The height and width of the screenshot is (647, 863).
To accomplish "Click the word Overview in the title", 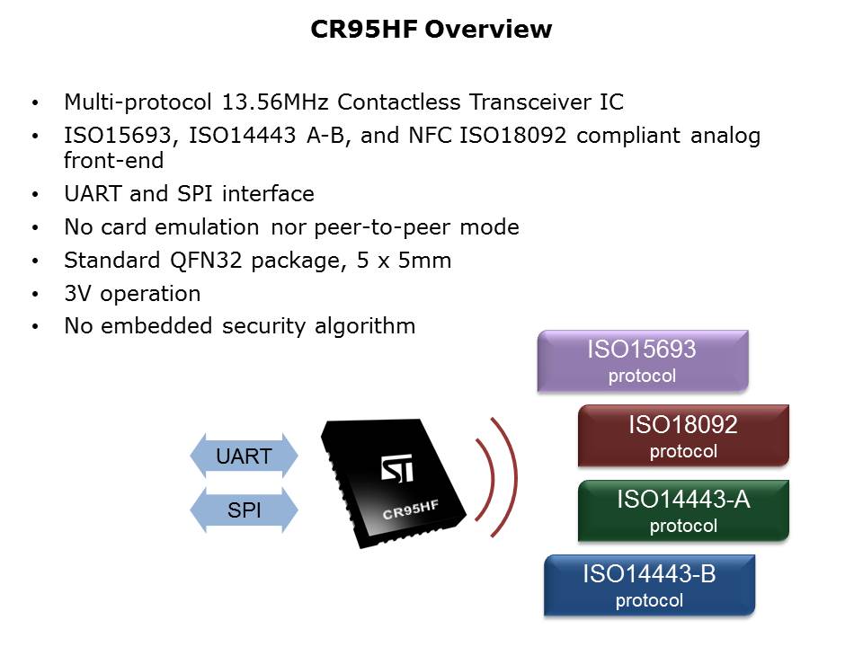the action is [488, 29].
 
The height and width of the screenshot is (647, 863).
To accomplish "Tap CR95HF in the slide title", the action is [364, 29].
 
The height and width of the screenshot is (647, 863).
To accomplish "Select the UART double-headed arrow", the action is [244, 456].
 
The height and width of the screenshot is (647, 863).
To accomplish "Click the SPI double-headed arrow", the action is [244, 510].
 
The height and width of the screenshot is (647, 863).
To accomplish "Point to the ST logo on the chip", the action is [396, 468].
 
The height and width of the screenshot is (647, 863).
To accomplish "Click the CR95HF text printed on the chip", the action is [411, 510].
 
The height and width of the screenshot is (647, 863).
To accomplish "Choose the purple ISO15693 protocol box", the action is [643, 361].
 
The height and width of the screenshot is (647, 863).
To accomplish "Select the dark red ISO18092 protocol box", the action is [683, 436].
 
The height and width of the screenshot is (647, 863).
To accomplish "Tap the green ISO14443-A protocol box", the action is [683, 510].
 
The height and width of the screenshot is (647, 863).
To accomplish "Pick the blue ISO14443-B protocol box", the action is [649, 585].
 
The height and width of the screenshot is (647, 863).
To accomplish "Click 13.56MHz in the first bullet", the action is [275, 102].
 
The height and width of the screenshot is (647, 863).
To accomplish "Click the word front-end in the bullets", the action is [113, 161].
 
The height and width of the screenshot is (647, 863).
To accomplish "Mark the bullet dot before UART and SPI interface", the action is [36, 194].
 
